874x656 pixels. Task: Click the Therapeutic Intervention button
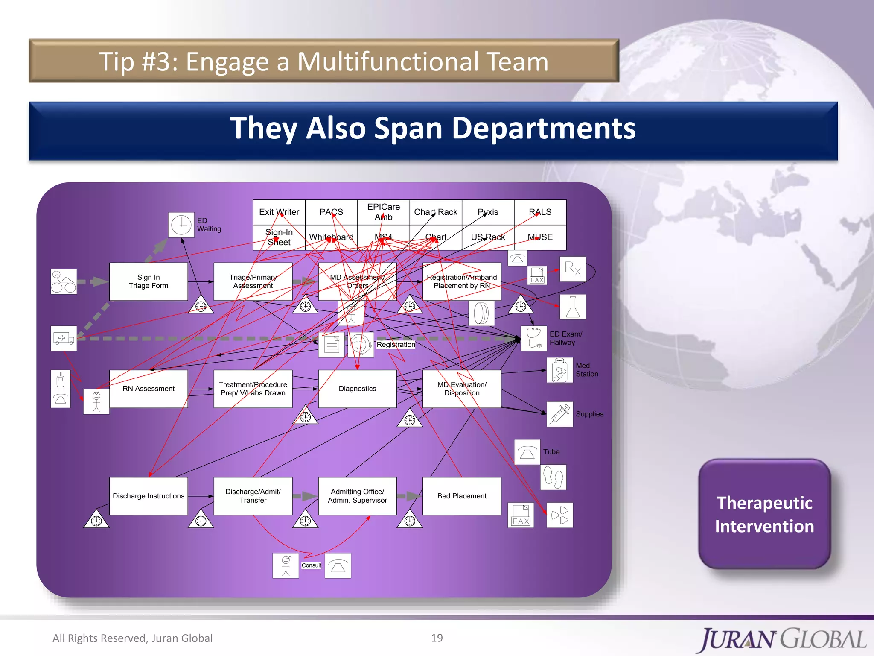pyautogui.click(x=764, y=514)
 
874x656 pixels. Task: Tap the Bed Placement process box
pyautogui.click(x=461, y=496)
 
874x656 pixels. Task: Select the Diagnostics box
pyautogui.click(x=357, y=389)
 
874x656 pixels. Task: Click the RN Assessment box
pyautogui.click(x=148, y=389)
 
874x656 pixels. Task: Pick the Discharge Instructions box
pyautogui.click(x=148, y=496)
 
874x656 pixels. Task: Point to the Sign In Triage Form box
pyautogui.click(x=148, y=281)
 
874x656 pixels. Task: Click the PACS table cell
pyautogui.click(x=331, y=212)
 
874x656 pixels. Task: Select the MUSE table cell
pyautogui.click(x=540, y=237)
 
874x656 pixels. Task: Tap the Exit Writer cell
pyautogui.click(x=279, y=212)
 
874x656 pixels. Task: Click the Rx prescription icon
pyautogui.click(x=572, y=269)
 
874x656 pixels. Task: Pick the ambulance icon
pyautogui.click(x=64, y=338)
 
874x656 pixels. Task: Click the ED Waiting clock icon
pyautogui.click(x=181, y=225)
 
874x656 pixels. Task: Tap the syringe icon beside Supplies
pyautogui.click(x=559, y=414)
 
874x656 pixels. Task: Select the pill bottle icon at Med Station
pyautogui.click(x=559, y=370)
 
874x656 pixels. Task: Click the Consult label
pyautogui.click(x=312, y=565)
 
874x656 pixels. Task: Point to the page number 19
pyautogui.click(x=437, y=638)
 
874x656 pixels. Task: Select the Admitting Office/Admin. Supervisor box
pyautogui.click(x=357, y=496)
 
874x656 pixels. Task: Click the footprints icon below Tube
pyautogui.click(x=553, y=477)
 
